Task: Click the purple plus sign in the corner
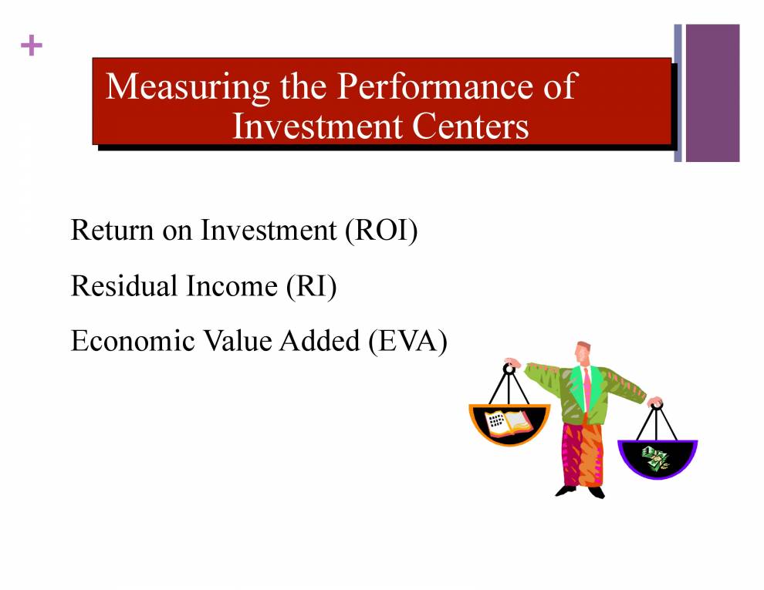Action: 32,46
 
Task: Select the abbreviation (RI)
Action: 311,286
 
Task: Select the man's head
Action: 583,352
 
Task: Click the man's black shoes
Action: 580,491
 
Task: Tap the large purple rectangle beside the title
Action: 712,93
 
